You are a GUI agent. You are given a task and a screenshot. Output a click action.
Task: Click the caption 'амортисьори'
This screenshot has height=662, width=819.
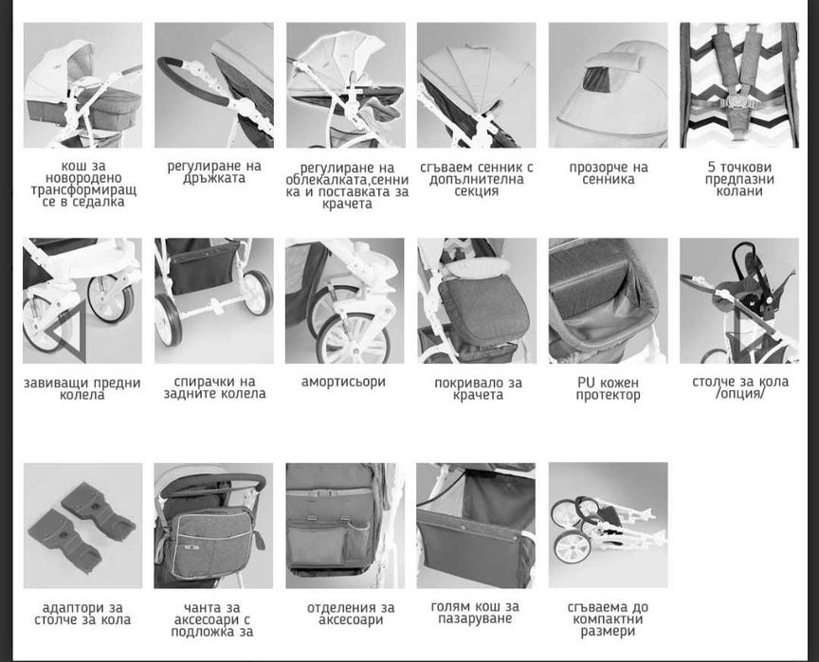coord(344,382)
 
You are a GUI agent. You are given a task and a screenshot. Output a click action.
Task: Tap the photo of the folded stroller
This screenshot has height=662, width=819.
coord(608,525)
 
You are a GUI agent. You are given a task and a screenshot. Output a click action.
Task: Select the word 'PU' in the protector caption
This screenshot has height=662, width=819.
coord(585,383)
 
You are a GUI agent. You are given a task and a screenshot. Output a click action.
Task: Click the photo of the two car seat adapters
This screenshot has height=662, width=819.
coord(82,526)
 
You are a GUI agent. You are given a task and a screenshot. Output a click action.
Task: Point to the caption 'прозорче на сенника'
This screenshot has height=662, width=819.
coord(609,173)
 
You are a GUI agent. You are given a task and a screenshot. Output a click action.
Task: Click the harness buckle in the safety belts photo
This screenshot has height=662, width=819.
coord(738,100)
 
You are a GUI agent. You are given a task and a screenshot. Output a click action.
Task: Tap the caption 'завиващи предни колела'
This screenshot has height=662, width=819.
coord(82,388)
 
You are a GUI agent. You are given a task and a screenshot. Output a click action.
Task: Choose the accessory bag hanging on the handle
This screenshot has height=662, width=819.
coord(212,542)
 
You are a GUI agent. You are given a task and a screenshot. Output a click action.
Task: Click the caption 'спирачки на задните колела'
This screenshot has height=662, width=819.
coord(214,387)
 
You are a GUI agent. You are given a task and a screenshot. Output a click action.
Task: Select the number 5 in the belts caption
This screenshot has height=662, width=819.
coord(712,167)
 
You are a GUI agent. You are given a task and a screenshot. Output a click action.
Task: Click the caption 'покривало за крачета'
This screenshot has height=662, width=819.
coord(478,388)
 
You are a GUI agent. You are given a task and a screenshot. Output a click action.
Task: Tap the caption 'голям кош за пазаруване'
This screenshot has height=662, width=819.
coord(475,613)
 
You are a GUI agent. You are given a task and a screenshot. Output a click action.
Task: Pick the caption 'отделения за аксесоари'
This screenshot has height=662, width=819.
coord(351,614)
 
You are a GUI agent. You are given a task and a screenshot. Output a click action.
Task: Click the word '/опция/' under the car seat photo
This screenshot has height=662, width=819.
coord(740,393)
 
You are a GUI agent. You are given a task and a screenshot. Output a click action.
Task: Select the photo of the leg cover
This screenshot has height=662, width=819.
coord(477,301)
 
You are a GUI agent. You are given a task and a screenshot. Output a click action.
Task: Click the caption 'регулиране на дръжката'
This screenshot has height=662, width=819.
coord(214,172)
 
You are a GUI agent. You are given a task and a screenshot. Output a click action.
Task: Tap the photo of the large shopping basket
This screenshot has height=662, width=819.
coord(476,526)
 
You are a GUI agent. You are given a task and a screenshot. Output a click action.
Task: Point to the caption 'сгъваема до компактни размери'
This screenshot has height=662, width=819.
coord(608,619)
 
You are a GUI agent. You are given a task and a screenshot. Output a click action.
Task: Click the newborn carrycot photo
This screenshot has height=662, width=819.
coord(82,85)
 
